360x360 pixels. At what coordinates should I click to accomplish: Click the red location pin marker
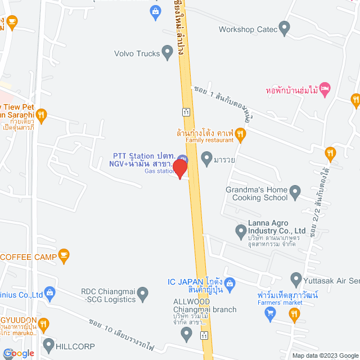coord(180,168)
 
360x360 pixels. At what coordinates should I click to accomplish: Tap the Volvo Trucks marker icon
coord(166,53)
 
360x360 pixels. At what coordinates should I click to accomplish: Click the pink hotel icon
coord(325,89)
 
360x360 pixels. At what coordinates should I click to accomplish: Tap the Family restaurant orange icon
coord(240,134)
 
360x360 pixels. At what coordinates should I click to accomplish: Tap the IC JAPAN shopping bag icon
coord(230,282)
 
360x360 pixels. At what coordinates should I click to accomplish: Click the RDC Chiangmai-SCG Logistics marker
coord(143,294)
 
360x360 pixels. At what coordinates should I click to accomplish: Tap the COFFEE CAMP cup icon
coord(64,256)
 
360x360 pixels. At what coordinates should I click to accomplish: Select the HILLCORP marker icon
coord(48,344)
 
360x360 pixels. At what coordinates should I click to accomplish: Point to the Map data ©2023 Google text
coord(323,355)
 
